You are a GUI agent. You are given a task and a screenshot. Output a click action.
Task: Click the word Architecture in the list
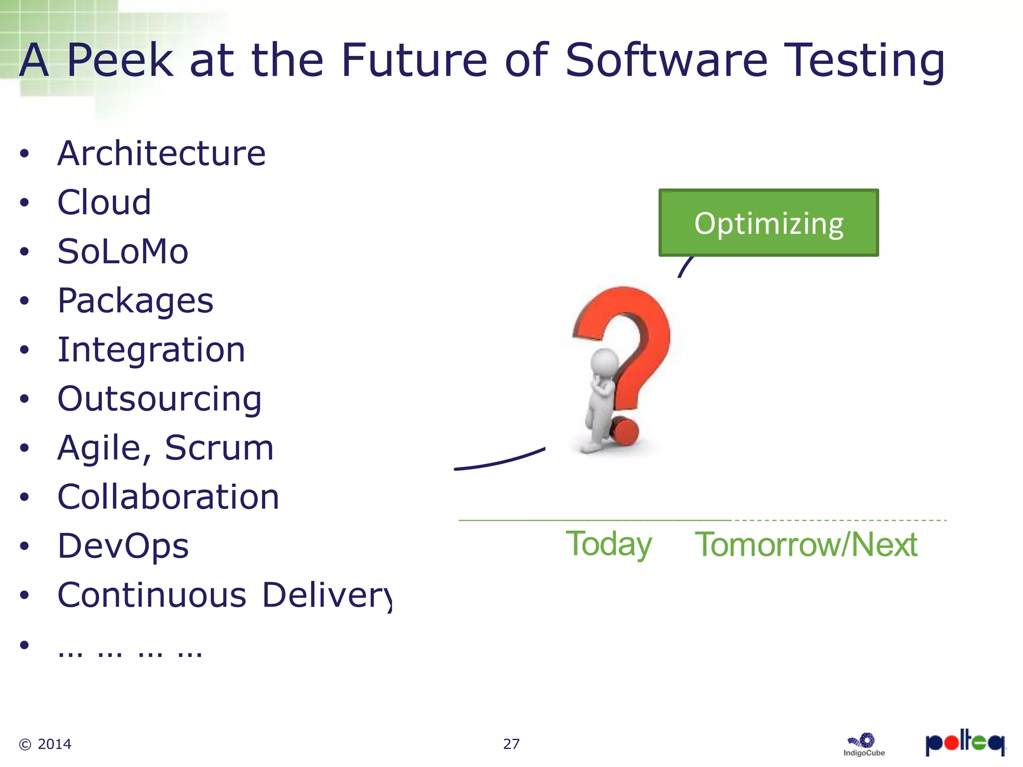click(x=161, y=153)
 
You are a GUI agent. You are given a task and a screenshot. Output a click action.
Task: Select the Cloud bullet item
click(x=104, y=202)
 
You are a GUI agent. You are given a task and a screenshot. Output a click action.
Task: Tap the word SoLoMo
click(x=123, y=251)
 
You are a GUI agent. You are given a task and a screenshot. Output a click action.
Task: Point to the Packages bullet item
click(x=135, y=301)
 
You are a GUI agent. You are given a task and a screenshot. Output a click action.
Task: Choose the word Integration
click(x=151, y=350)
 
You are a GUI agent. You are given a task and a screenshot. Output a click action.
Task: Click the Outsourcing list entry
click(x=159, y=399)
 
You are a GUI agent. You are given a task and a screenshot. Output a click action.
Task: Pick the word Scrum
click(x=219, y=447)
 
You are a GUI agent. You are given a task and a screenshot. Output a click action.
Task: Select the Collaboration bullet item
click(x=168, y=497)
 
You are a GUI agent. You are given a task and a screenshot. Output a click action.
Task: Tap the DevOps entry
click(x=123, y=546)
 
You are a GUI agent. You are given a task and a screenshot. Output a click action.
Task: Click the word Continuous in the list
click(x=152, y=595)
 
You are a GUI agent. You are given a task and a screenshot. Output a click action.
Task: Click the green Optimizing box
click(x=768, y=223)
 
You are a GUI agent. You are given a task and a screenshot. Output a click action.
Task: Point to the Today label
click(x=608, y=544)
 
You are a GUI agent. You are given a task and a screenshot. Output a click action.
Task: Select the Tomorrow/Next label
click(x=806, y=544)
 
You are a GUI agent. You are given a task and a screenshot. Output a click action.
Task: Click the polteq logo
click(x=965, y=743)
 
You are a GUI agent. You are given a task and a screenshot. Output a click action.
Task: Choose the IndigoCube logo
click(x=864, y=745)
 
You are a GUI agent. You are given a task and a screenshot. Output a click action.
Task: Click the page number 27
click(x=511, y=744)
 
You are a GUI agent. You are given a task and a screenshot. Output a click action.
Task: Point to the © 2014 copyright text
click(x=45, y=744)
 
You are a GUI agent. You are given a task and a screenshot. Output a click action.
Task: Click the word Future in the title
click(x=414, y=60)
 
